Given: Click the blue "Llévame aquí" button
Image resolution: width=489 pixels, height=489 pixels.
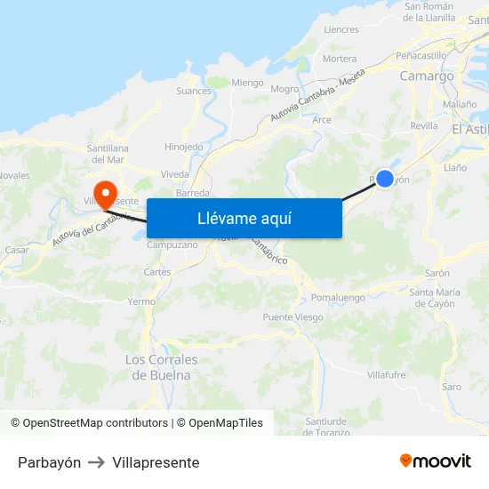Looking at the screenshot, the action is coord(244,218).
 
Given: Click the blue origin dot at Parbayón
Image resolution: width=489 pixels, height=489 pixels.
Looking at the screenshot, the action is coord(385,179).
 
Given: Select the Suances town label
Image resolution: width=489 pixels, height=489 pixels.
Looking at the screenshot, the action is coord(194,91).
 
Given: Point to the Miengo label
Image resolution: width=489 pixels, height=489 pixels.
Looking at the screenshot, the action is coord(247,83).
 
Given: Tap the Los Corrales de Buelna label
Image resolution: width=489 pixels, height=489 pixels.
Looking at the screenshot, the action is coord(161,367).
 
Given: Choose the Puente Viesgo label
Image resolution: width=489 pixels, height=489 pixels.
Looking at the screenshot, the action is coord(293,317).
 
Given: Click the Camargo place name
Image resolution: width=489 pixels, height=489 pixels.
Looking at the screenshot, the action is coord(427,76).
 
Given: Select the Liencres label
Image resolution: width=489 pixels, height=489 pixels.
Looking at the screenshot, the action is coord(341,29).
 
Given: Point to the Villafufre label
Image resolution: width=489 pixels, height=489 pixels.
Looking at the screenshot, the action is coord(386,375).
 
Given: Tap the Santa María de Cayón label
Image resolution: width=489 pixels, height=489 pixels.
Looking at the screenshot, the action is coord(435,298).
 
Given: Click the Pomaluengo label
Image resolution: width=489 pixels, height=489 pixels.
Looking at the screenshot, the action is coord(338,298).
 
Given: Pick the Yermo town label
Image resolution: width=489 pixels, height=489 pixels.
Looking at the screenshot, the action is coord(141,301).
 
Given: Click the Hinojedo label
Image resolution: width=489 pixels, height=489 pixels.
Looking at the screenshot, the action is coord(184,147).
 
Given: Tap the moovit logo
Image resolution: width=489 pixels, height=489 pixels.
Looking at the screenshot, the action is coord(436,461).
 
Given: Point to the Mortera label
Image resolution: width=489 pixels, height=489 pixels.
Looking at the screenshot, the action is coord(340,59).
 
